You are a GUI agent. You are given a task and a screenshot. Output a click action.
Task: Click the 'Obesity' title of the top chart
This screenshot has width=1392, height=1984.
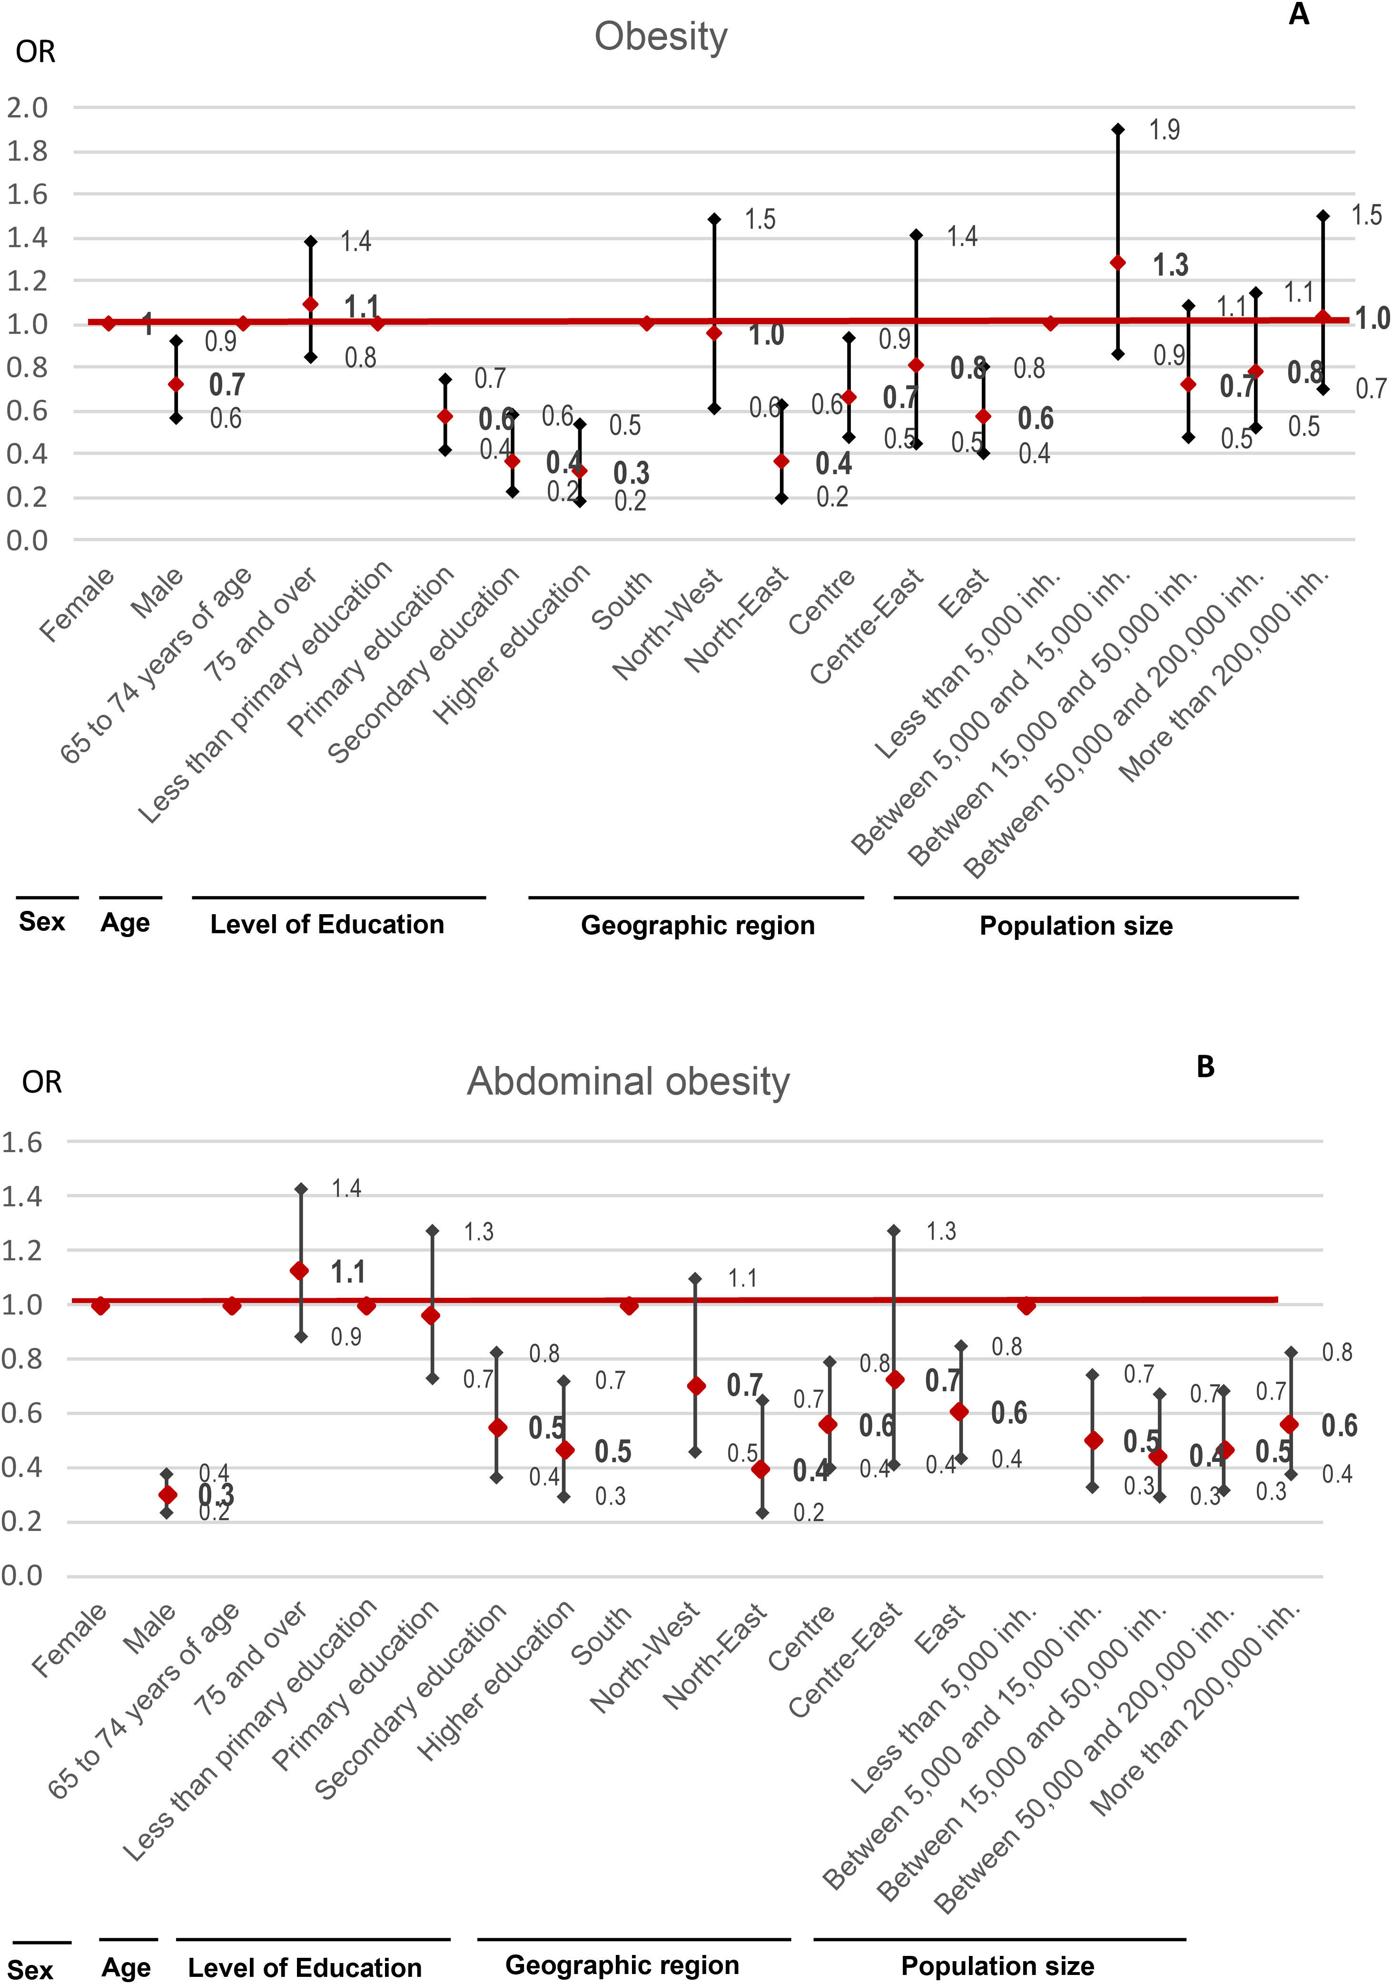pos(661,37)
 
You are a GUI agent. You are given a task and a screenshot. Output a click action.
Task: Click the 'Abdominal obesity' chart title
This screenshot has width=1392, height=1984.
pos(628,1082)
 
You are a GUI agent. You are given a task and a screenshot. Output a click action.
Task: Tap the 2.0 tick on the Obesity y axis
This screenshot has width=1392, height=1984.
pos(28,108)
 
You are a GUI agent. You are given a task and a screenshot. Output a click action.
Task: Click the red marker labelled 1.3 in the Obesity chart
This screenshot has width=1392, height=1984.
pos(1117,263)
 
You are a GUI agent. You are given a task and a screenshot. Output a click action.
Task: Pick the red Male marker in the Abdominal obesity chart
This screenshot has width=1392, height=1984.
pos(168,1495)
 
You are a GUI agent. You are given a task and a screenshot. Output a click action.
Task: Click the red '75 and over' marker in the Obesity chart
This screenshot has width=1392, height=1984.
pos(310,304)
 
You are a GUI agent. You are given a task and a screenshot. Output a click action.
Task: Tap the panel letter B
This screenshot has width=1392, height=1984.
pos(1205,1067)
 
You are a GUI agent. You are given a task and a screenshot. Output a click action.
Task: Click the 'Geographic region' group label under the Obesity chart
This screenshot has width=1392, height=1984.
pos(697,926)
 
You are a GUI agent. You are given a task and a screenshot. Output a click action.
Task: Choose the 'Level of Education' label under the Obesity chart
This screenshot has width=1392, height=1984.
pos(326,925)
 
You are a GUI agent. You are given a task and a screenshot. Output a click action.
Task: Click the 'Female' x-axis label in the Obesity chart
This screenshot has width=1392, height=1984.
pos(77,605)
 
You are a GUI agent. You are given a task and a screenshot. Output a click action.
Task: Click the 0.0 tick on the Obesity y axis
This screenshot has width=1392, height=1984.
pos(28,541)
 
